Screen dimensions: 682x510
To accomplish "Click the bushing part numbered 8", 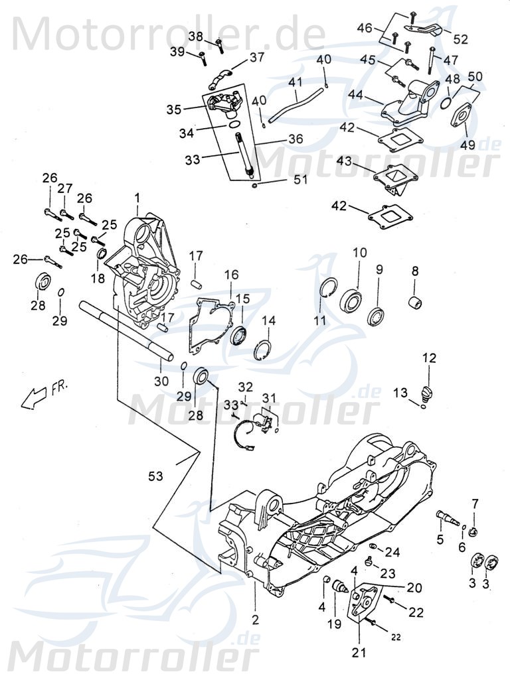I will [x=416, y=307].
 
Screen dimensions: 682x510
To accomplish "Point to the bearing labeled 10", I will [x=352, y=300].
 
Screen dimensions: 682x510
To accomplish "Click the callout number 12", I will [x=430, y=358].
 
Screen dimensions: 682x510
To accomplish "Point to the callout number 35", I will [x=173, y=109].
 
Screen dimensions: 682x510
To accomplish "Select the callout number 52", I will [x=460, y=38].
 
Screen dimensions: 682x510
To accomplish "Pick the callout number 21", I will [x=359, y=653].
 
